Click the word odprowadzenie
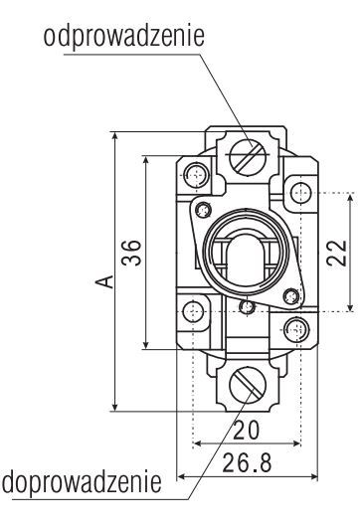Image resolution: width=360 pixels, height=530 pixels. click(x=124, y=37)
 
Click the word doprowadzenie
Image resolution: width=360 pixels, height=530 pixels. click(x=82, y=481)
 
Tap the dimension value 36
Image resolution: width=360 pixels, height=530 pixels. click(x=131, y=253)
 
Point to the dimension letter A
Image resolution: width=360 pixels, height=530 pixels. click(x=104, y=281)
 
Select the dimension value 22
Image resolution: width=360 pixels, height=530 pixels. click(x=337, y=253)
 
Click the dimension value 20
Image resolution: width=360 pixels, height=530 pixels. click(x=247, y=430)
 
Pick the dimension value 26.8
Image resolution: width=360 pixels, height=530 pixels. click(x=247, y=462)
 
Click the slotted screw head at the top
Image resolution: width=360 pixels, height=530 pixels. click(x=248, y=157)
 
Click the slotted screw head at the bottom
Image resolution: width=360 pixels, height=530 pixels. click(x=248, y=386)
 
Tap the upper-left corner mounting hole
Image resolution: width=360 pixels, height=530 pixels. click(x=196, y=175)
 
